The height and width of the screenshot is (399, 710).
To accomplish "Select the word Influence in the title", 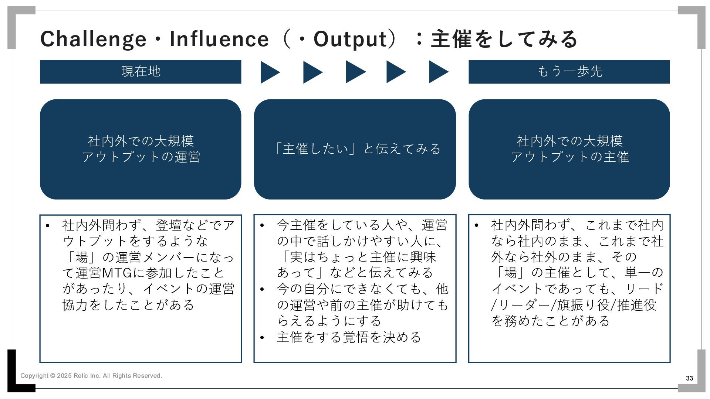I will (219, 39).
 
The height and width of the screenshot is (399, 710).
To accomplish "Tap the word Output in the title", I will (350, 39).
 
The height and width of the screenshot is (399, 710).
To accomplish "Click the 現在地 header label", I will (141, 71).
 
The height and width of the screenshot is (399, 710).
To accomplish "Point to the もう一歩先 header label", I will (569, 71).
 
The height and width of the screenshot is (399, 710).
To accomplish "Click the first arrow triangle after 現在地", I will (270, 72).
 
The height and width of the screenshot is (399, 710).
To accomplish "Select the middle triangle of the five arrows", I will (355, 72).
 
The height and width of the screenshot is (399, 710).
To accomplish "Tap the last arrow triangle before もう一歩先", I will (438, 72).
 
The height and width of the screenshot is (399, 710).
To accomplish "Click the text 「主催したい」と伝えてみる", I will (356, 149).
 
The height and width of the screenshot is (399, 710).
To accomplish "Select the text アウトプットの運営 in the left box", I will (141, 157).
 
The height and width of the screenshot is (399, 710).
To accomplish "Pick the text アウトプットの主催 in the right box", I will (569, 157).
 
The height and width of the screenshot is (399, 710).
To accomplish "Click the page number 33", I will (689, 378).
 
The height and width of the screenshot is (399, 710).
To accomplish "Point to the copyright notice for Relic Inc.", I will (91, 376).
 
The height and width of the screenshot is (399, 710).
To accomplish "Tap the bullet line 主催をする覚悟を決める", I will (349, 337).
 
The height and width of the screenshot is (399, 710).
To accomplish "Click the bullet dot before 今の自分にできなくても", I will (262, 289).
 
